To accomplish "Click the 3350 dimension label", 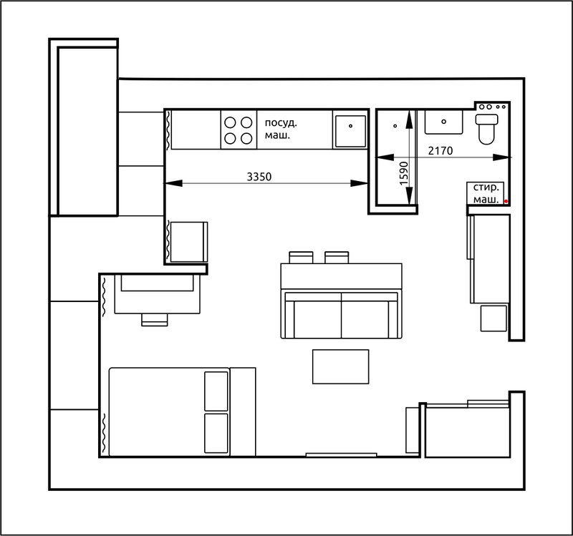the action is click(x=259, y=177).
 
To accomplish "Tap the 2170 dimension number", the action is click(x=440, y=150).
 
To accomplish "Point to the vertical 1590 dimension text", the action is click(x=403, y=173).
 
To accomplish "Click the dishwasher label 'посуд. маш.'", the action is click(x=281, y=130).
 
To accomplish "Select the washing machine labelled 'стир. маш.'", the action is click(x=486, y=193).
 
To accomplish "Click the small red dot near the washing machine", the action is click(x=506, y=201).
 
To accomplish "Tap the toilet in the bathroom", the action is click(x=486, y=129).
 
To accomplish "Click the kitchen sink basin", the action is click(x=350, y=132).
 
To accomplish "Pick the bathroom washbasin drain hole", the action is click(x=443, y=122).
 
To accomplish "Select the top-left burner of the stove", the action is click(x=230, y=122).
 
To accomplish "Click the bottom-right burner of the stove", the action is click(x=246, y=139).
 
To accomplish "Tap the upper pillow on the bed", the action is click(x=216, y=391).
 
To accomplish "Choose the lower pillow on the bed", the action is click(x=216, y=433).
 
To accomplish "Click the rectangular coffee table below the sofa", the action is click(x=341, y=366).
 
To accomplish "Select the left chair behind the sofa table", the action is click(x=301, y=258).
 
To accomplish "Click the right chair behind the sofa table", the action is click(x=337, y=258).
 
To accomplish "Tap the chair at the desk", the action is click(x=155, y=319).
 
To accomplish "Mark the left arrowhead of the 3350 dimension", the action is click(x=173, y=183).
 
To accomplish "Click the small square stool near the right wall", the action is click(x=493, y=318).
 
